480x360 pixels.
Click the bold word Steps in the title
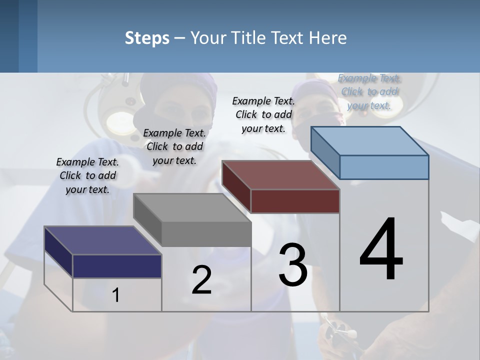tap(147, 38)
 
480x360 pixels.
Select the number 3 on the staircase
tap(293, 264)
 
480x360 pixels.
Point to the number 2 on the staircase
tap(201, 280)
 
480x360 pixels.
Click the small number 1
tap(115, 295)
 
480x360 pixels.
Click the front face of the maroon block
tap(295, 201)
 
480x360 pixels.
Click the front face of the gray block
tap(206, 234)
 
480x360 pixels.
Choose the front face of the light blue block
tap(384, 167)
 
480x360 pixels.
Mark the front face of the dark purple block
tap(117, 266)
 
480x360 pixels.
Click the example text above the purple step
tap(87, 175)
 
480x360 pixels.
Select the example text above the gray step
tap(174, 146)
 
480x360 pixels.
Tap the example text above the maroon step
tap(263, 114)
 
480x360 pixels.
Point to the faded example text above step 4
tap(369, 91)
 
